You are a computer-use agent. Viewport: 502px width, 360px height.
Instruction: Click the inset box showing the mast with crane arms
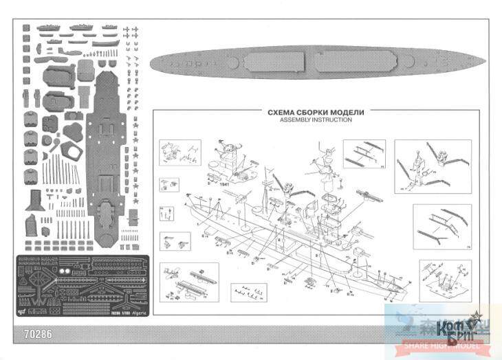433,167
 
